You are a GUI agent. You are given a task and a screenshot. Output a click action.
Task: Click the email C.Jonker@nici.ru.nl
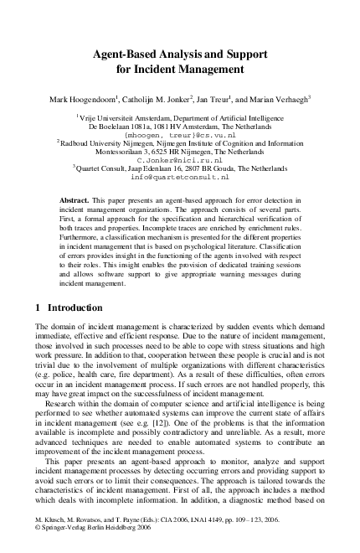point(179,158)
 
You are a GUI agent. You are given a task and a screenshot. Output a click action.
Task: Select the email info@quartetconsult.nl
point(179,178)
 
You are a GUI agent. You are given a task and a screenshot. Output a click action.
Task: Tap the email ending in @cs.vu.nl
point(179,134)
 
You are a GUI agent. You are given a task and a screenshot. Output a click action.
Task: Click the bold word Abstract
point(79,203)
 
